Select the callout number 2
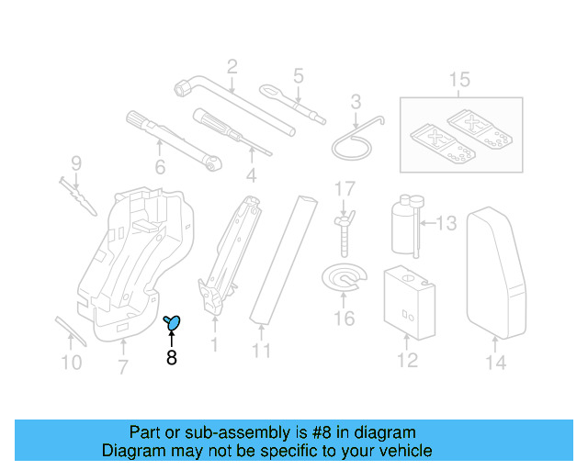click(x=232, y=66)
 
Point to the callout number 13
click(x=446, y=223)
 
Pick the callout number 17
click(x=344, y=190)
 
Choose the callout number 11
click(x=262, y=350)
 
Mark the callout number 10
click(x=71, y=363)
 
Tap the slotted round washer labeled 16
click(x=343, y=279)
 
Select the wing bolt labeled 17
click(x=344, y=230)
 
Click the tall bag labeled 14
click(x=496, y=271)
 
